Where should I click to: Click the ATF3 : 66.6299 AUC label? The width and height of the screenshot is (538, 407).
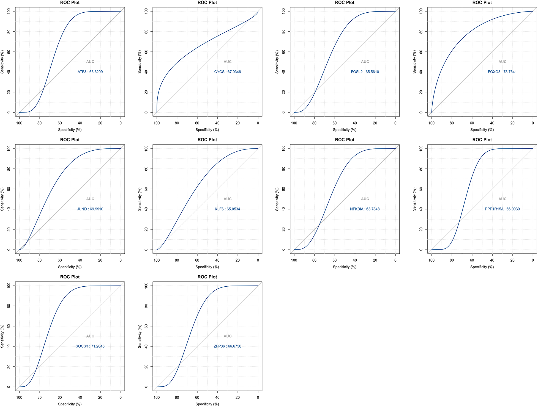tap(90, 72)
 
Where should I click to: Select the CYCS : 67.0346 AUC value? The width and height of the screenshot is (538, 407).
tap(227, 72)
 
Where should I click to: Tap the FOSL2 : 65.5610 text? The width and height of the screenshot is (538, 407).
tap(365, 72)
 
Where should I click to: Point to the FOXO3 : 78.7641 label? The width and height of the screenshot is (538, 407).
tap(502, 72)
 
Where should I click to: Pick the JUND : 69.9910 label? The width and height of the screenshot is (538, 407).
tap(90, 209)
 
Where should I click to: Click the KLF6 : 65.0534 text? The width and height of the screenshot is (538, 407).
tap(227, 209)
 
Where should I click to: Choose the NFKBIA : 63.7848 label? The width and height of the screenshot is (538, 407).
tap(365, 209)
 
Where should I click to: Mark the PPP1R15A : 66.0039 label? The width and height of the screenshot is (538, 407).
tap(502, 209)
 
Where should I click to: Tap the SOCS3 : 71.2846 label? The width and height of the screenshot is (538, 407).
tap(90, 346)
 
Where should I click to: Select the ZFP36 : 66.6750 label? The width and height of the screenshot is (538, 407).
tap(227, 346)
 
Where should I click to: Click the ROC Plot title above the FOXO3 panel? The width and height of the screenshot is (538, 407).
tap(482, 3)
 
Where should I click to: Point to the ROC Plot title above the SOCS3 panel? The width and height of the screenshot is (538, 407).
tap(70, 277)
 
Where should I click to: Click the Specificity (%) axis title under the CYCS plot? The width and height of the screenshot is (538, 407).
tap(207, 130)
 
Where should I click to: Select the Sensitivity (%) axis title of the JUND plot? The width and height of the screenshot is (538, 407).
tap(2, 199)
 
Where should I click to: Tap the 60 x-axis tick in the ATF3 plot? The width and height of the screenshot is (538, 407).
tap(60, 123)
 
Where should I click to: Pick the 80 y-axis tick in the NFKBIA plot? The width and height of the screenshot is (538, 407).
tap(283, 169)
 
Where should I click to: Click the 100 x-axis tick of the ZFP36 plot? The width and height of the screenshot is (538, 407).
tap(157, 397)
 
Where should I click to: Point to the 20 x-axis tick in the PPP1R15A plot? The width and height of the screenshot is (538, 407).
tap(512, 260)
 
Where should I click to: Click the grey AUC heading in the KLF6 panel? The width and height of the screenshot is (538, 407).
tap(227, 199)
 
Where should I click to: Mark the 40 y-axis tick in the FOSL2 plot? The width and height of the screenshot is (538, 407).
tap(283, 72)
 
